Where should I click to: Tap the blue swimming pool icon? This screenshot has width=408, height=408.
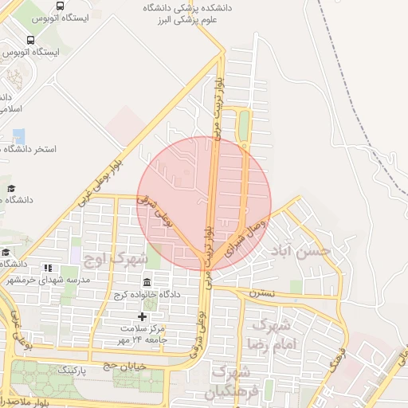(18, 135)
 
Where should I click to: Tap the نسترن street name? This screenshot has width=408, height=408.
(262, 292)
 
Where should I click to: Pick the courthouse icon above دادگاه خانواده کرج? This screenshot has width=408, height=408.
(148, 283)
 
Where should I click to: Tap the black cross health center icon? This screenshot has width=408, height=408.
(143, 316)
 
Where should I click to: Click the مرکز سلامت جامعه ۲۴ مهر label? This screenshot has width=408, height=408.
(143, 335)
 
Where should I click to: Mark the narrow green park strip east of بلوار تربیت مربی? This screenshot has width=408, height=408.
(244, 124)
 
